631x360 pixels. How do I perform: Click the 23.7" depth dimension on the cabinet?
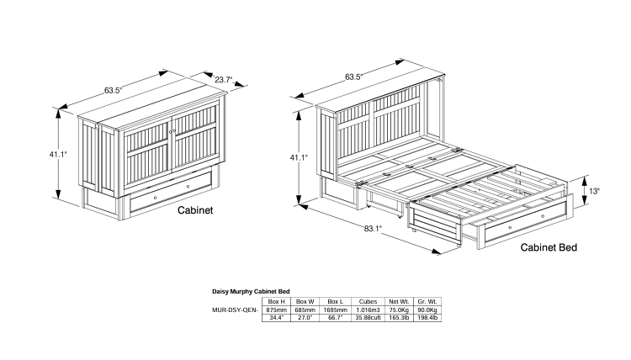(x=223, y=81)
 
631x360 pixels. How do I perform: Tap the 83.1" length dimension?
(x=372, y=228)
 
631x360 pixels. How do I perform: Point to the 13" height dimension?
(x=594, y=191)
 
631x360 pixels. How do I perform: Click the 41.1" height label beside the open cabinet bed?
(x=299, y=157)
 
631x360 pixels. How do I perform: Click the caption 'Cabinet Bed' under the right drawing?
(x=549, y=247)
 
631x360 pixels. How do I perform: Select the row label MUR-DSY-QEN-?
(x=236, y=310)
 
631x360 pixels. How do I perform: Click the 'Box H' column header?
(x=275, y=301)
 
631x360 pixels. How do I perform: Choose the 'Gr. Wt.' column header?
(x=427, y=301)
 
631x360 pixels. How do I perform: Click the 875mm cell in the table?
(x=275, y=310)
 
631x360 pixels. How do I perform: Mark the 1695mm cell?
(x=336, y=310)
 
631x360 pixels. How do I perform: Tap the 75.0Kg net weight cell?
(x=397, y=310)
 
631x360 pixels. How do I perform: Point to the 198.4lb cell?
(x=427, y=318)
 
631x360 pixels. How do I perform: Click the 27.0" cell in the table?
(x=305, y=318)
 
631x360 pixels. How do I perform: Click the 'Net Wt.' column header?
(x=397, y=301)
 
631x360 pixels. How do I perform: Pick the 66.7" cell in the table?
(x=336, y=318)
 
